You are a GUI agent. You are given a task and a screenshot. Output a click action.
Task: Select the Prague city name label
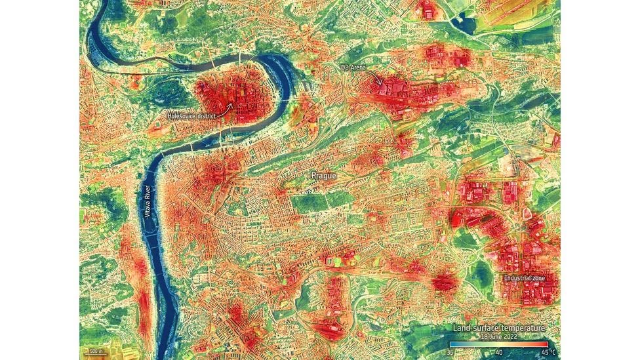pyautogui.click(x=323, y=176)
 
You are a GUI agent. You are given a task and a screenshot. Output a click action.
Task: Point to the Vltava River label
pyautogui.click(x=147, y=203)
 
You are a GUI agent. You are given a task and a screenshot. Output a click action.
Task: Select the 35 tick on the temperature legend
pyautogui.click(x=451, y=352)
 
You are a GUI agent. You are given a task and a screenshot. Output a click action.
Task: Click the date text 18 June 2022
pyautogui.click(x=498, y=335)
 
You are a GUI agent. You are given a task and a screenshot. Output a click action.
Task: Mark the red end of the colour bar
pyautogui.click(x=546, y=344)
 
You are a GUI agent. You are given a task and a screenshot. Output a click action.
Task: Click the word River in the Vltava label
pyautogui.click(x=147, y=191)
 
